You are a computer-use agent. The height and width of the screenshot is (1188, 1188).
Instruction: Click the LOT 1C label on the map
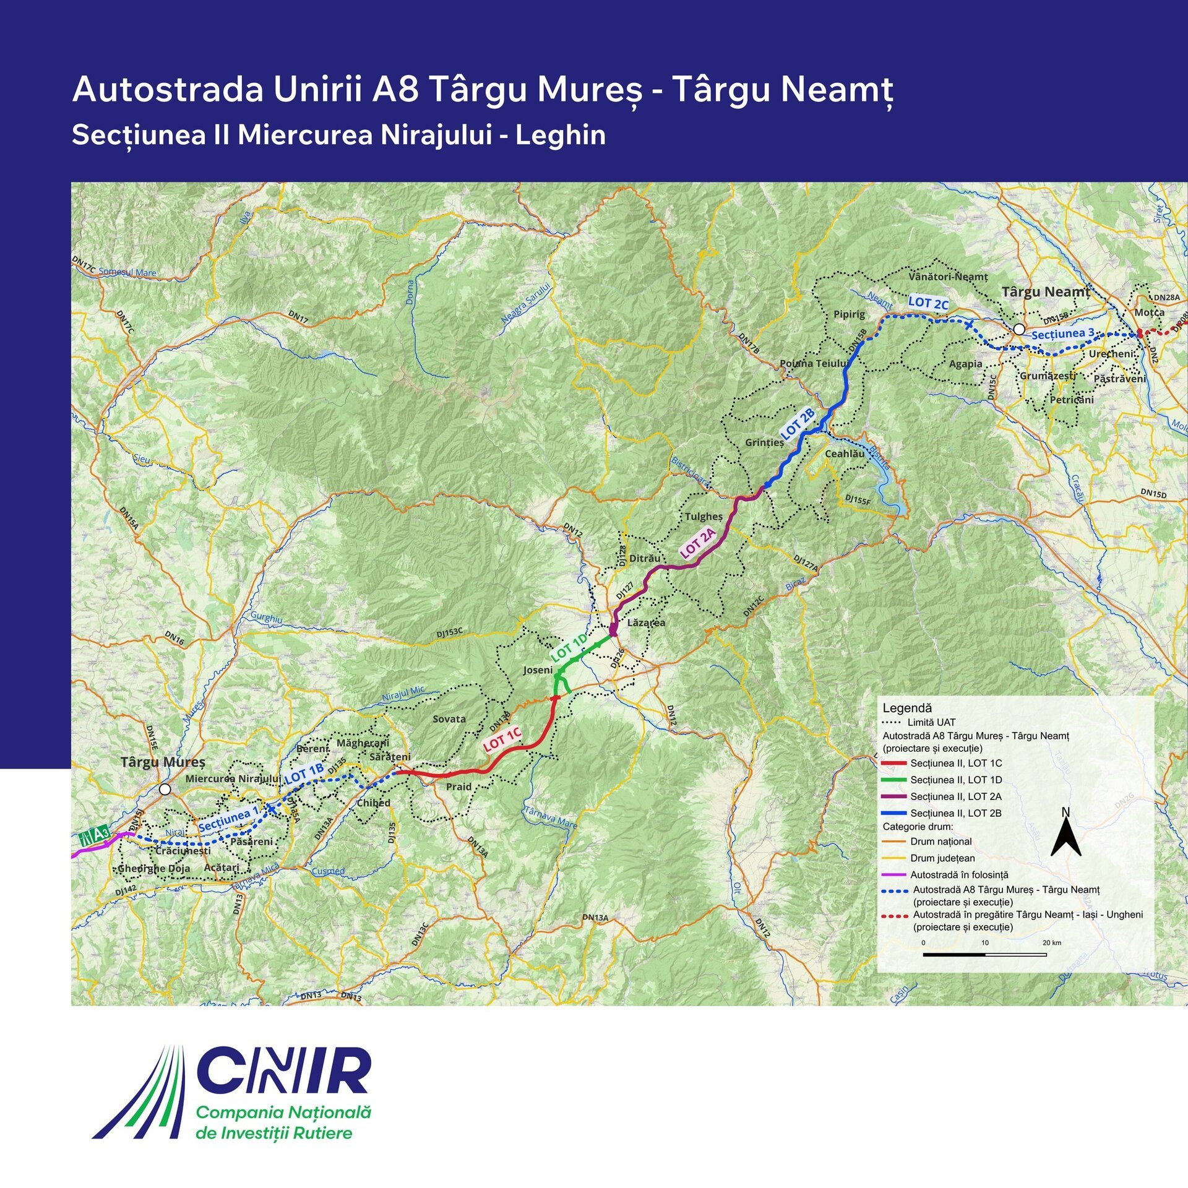pyautogui.click(x=502, y=740)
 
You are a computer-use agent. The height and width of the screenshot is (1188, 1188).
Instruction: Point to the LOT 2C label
pyautogui.click(x=928, y=303)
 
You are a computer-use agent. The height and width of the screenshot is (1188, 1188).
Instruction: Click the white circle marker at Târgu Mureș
pyautogui.click(x=165, y=790)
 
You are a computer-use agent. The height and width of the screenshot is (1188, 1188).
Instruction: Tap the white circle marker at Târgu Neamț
pyautogui.click(x=1018, y=329)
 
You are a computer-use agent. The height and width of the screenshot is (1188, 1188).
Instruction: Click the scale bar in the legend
pyautogui.click(x=984, y=955)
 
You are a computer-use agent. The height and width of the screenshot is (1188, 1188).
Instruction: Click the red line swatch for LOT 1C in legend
pyautogui.click(x=894, y=764)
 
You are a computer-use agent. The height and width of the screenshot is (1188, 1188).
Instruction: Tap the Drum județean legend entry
pyautogui.click(x=943, y=858)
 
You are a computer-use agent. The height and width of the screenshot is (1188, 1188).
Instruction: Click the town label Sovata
pyautogui.click(x=449, y=719)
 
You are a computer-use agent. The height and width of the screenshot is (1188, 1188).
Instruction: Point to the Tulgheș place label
pyautogui.click(x=704, y=516)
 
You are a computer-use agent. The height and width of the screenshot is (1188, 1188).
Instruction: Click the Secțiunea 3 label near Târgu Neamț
pyautogui.click(x=1063, y=334)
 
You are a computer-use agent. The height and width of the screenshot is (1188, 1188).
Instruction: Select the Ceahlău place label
pyautogui.click(x=845, y=454)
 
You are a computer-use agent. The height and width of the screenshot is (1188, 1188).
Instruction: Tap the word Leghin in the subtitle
pyautogui.click(x=561, y=135)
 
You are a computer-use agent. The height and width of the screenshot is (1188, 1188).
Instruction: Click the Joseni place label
pyautogui.click(x=538, y=670)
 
